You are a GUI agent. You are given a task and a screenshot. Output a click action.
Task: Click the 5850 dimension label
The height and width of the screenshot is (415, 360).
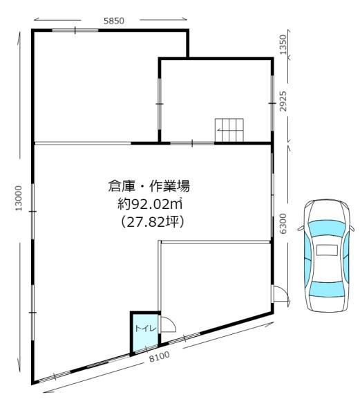(x=113, y=21)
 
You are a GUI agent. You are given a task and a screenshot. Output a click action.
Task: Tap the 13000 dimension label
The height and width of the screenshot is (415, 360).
(x=18, y=199)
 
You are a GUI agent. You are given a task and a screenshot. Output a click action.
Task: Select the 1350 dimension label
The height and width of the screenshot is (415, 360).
(x=283, y=44)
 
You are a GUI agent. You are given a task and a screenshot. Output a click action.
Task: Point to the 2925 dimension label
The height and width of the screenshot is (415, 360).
(x=283, y=102)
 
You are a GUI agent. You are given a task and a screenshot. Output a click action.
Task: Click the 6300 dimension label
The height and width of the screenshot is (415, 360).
(x=283, y=223)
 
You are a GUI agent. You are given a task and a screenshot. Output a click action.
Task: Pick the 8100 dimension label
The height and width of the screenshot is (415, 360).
(x=160, y=356)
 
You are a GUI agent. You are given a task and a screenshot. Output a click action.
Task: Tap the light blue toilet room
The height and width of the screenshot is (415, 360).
(x=144, y=333)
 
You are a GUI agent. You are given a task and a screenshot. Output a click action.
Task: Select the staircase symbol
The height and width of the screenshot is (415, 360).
(x=229, y=130)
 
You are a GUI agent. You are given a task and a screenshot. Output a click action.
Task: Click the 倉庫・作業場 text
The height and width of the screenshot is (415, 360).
(x=149, y=186)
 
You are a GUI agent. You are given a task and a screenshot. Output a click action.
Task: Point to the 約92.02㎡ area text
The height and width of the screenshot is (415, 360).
(x=150, y=204)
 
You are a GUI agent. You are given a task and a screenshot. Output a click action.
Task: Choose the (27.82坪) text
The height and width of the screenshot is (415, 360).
(x=152, y=222)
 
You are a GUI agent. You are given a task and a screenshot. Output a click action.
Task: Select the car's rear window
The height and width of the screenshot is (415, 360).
(x=328, y=289)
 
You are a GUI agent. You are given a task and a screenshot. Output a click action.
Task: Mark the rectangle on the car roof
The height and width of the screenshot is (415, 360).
(x=327, y=250)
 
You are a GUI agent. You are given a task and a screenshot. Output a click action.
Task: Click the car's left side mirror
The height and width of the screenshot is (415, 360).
(x=301, y=228)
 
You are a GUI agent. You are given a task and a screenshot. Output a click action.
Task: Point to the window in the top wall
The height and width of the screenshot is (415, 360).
(x=75, y=30)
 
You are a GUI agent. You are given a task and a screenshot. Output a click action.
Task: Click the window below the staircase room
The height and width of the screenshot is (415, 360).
(x=192, y=143)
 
